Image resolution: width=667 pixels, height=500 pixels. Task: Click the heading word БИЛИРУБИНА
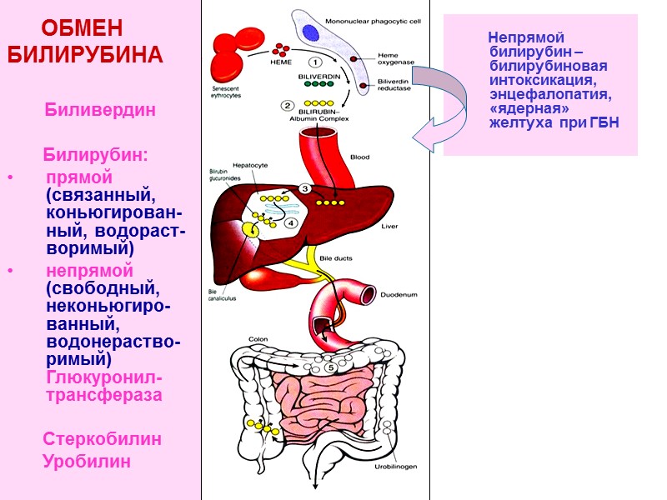pyautogui.click(x=84, y=56)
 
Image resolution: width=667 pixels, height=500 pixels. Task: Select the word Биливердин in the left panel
pyautogui.click(x=100, y=111)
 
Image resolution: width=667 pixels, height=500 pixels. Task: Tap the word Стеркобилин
pyautogui.click(x=103, y=438)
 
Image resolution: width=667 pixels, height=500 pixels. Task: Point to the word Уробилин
pyautogui.click(x=87, y=461)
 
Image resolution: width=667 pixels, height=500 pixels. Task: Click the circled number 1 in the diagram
pyautogui.click(x=316, y=62)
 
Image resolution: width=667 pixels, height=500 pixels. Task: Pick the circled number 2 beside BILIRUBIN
pyautogui.click(x=288, y=105)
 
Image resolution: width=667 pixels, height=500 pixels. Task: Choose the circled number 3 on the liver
pyautogui.click(x=306, y=189)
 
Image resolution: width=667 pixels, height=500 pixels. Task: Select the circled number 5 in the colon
pyautogui.click(x=330, y=367)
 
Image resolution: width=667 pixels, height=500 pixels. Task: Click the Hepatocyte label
pyautogui.click(x=251, y=166)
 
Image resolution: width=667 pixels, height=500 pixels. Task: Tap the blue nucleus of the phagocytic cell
pyautogui.click(x=310, y=33)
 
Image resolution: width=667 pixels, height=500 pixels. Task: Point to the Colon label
pyautogui.click(x=258, y=340)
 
